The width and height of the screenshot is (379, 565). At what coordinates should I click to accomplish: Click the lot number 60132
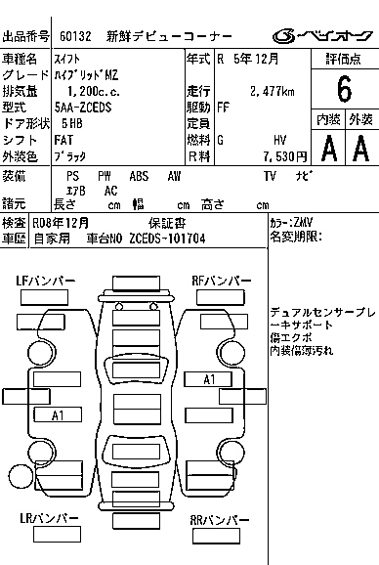pos(75,36)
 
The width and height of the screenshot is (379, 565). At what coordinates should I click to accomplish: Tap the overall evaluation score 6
pos(344,89)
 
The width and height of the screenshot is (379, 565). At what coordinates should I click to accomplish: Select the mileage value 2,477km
pos(273,91)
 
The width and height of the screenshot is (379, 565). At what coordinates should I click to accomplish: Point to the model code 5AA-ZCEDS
pos(83,108)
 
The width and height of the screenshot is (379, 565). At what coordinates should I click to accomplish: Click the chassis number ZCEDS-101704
pos(167,239)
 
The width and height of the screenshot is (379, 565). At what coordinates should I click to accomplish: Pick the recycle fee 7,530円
pos(285,156)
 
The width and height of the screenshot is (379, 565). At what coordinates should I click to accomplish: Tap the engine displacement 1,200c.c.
pos(94,92)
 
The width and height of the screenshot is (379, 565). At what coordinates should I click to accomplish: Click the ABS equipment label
pos(139,176)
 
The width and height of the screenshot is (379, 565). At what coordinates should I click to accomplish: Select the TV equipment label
pos(270,176)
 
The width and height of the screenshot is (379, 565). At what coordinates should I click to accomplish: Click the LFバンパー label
pos(46,281)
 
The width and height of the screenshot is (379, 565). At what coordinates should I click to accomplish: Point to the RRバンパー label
pos(220,520)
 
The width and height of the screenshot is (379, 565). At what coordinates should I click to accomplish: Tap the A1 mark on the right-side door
pos(209,379)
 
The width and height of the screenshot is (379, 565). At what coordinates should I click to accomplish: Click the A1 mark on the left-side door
pos(58,415)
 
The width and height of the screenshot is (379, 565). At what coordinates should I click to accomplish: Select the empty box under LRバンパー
pos(57,534)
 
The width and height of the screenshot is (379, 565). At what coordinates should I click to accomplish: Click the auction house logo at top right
pos(322,35)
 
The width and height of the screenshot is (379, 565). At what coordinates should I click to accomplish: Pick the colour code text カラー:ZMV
pos(291,222)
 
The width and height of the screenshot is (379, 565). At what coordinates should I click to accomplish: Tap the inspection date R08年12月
pos(61,223)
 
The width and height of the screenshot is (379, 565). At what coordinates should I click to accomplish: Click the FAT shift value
pos(63,140)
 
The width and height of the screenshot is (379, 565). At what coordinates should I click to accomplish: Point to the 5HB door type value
pos(72,123)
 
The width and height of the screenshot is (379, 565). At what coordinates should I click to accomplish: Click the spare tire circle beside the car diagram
pos(21,477)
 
